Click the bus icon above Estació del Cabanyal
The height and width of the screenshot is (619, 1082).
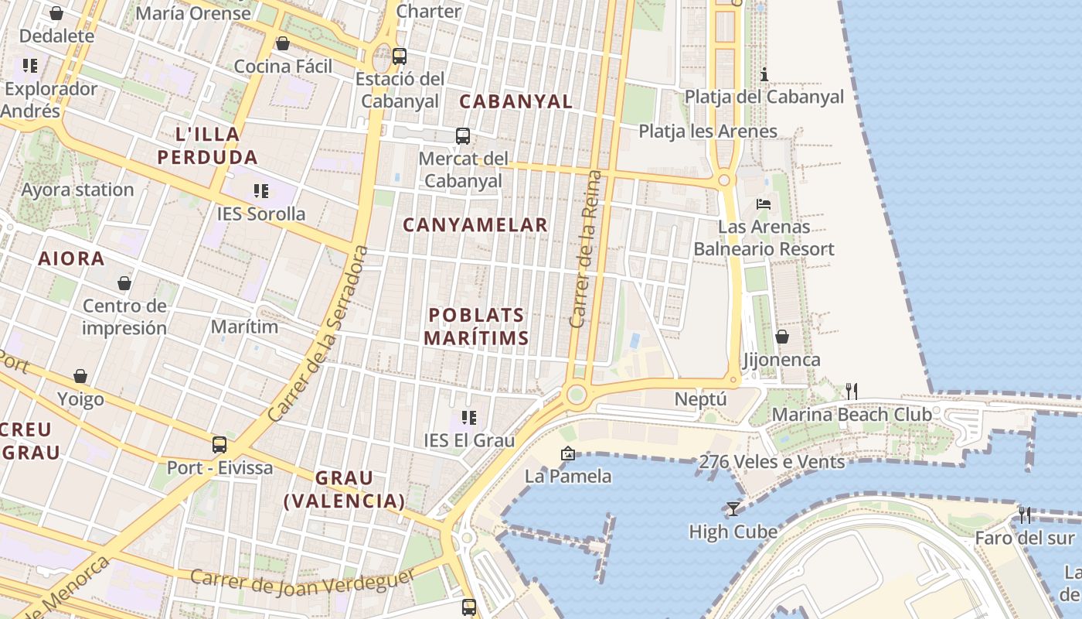pyautogui.click(x=400, y=56)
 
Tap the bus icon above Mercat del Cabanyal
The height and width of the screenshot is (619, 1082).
pyautogui.click(x=463, y=136)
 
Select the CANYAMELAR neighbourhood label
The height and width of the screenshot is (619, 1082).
pyautogui.click(x=475, y=225)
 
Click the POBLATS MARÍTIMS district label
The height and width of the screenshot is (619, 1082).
pyautogui.click(x=477, y=327)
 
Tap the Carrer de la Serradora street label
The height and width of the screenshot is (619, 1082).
pyautogui.click(x=316, y=333)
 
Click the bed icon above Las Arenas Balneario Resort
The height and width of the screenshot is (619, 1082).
pyautogui.click(x=764, y=204)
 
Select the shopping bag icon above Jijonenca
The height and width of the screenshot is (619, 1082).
pyautogui.click(x=782, y=337)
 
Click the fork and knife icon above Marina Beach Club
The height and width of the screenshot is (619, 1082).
pyautogui.click(x=851, y=391)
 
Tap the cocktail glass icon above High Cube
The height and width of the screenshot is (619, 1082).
pyautogui.click(x=733, y=508)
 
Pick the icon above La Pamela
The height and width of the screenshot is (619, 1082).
pyautogui.click(x=568, y=453)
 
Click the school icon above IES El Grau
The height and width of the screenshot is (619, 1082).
pyautogui.click(x=468, y=418)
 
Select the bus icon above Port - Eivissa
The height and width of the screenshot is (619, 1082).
pyautogui.click(x=219, y=445)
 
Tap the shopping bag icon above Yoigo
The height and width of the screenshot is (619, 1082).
pyautogui.click(x=80, y=376)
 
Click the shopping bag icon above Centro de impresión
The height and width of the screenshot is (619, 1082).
pyautogui.click(x=124, y=283)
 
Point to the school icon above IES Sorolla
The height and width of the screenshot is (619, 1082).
pyautogui.click(x=261, y=190)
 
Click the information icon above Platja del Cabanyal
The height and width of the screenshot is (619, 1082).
pyautogui.click(x=764, y=74)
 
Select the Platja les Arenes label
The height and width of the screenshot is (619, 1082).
pyautogui.click(x=707, y=131)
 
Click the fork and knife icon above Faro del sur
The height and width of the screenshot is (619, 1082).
pyautogui.click(x=1025, y=515)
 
